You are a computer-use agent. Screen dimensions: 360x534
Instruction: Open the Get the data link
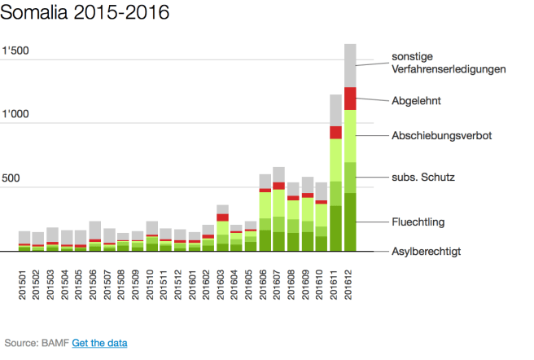[99, 343]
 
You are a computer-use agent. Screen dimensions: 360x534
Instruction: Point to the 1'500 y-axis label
[16, 52]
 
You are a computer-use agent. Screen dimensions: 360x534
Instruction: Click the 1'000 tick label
[16, 114]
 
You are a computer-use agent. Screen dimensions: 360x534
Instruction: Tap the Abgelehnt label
[417, 103]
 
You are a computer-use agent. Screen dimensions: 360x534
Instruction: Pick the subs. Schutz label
[422, 177]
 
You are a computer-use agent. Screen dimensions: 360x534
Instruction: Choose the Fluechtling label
[418, 222]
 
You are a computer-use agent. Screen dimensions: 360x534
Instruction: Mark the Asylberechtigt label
[427, 252]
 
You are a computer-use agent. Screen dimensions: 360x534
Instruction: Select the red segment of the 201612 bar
[351, 99]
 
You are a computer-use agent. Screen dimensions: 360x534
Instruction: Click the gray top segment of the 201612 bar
[351, 65]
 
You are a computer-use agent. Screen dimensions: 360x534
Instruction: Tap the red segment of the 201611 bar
[336, 132]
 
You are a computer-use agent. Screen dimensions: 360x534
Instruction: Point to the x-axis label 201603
[222, 283]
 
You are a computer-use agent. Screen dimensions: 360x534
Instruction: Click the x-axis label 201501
[24, 283]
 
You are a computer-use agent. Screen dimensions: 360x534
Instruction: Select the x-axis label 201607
[279, 283]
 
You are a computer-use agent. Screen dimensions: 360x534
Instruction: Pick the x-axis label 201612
[351, 283]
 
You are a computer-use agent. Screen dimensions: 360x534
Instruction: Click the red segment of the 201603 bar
[222, 217]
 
